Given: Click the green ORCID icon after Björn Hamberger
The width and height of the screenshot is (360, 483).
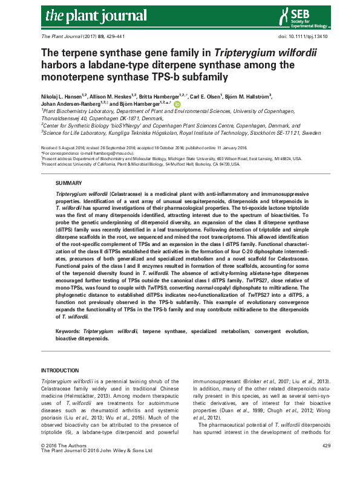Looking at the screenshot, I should tap(177, 104).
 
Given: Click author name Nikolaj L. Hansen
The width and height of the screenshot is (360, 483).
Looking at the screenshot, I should tap(62, 96).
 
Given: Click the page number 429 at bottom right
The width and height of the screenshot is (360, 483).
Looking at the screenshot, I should tap(326, 462).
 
